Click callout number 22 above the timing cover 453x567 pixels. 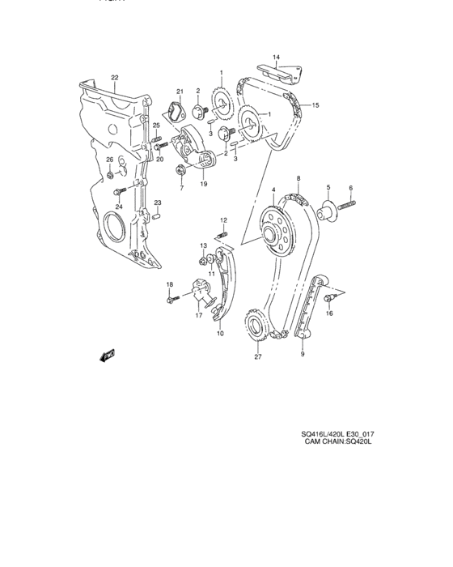coord(114,78)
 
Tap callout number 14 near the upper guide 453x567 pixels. coord(276,57)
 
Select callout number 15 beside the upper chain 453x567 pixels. coord(316,105)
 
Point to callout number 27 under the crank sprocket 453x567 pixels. coord(258,356)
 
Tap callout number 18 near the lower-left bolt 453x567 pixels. coord(170,284)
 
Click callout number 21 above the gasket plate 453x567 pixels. coord(180,91)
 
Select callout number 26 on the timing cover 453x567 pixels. coord(109,160)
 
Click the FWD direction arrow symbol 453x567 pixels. coord(107,355)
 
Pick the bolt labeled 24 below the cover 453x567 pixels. coord(120,191)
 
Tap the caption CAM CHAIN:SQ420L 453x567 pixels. coord(338,442)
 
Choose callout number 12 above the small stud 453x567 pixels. coord(223,220)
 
